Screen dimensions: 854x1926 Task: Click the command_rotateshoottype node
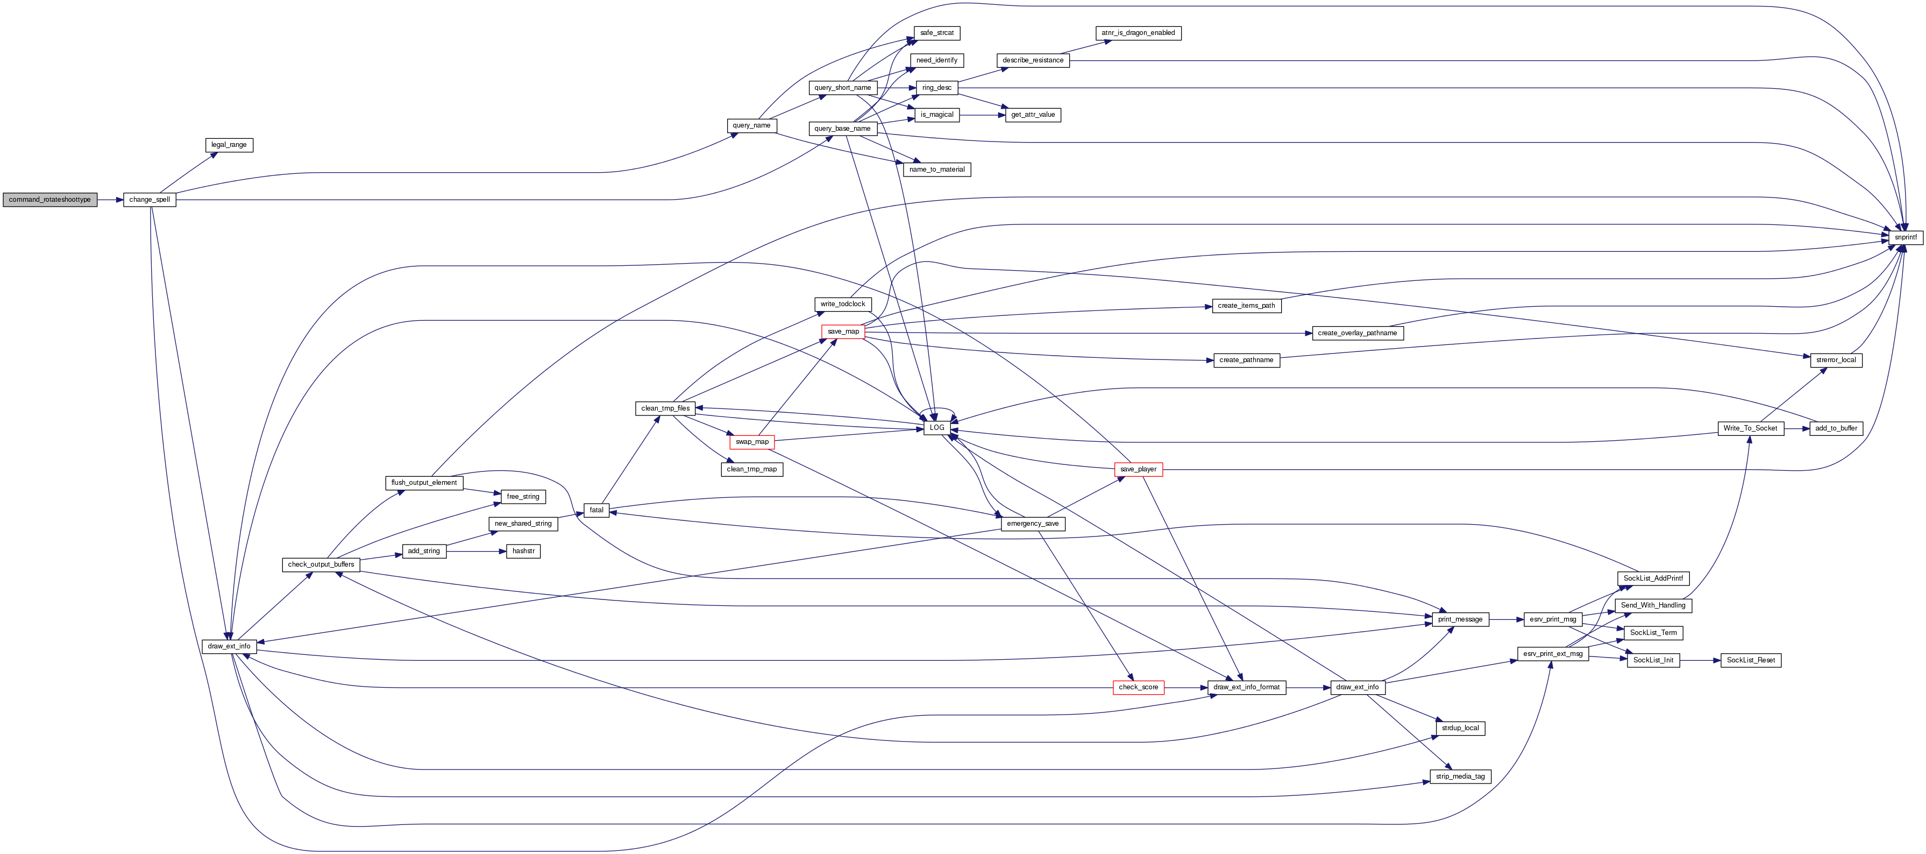pyautogui.click(x=49, y=200)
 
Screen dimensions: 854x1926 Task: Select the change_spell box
pyautogui.click(x=150, y=200)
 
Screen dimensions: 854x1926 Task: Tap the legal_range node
pyautogui.click(x=229, y=145)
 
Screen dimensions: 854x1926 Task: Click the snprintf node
pyautogui.click(x=1905, y=237)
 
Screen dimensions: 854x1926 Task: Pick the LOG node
pyautogui.click(x=937, y=428)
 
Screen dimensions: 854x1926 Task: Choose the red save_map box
pyautogui.click(x=843, y=331)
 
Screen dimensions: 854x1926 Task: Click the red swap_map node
pyautogui.click(x=751, y=442)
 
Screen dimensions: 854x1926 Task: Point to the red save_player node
pyautogui.click(x=1138, y=470)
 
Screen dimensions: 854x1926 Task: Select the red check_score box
pyautogui.click(x=1138, y=687)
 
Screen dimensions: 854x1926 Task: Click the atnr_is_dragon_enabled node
pyautogui.click(x=1138, y=33)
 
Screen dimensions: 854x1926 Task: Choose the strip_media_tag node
pyautogui.click(x=1460, y=777)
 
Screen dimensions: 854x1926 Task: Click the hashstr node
pyautogui.click(x=523, y=551)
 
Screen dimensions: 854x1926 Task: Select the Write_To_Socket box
pyautogui.click(x=1750, y=428)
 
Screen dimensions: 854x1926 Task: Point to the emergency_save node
pyautogui.click(x=1033, y=524)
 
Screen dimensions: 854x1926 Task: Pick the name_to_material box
pyautogui.click(x=937, y=170)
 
